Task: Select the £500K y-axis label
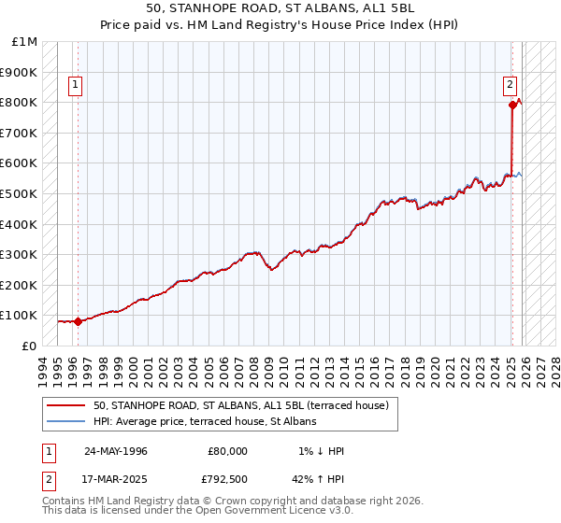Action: click(21, 193)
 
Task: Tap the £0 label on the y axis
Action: click(29, 346)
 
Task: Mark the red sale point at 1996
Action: click(78, 321)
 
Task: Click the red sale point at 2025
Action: click(512, 106)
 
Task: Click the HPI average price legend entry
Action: click(205, 421)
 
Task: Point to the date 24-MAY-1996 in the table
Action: click(115, 451)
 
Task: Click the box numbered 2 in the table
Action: click(50, 479)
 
